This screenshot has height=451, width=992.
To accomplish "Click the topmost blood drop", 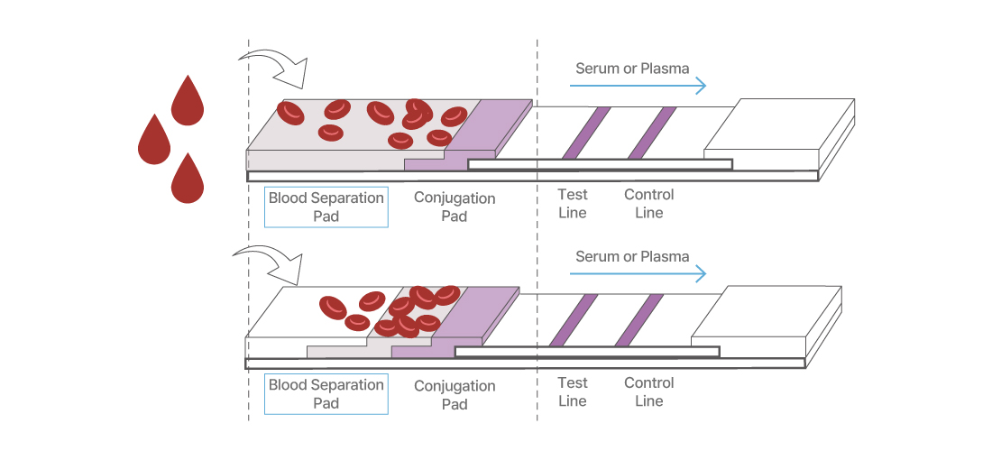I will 188,102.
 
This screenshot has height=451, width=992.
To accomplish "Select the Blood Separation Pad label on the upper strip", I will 326,207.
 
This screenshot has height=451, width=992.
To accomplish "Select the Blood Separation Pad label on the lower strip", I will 326,394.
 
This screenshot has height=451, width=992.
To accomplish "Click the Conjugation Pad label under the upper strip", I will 455,207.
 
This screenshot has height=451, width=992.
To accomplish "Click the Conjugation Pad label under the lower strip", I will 455,395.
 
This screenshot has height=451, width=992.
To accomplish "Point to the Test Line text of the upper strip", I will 573,204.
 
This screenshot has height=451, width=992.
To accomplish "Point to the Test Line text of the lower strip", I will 573,391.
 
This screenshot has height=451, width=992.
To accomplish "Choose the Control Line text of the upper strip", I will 649,204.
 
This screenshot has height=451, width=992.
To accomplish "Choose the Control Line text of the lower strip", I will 649,391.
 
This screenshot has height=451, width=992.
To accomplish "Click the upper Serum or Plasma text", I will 632,69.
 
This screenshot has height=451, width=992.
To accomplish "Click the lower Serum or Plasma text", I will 632,256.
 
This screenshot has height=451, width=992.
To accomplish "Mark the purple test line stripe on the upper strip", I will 586,133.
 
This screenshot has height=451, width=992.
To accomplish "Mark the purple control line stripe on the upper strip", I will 652,133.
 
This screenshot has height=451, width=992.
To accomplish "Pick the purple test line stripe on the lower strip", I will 574,319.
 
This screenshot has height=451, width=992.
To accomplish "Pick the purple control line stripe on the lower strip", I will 639,319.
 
